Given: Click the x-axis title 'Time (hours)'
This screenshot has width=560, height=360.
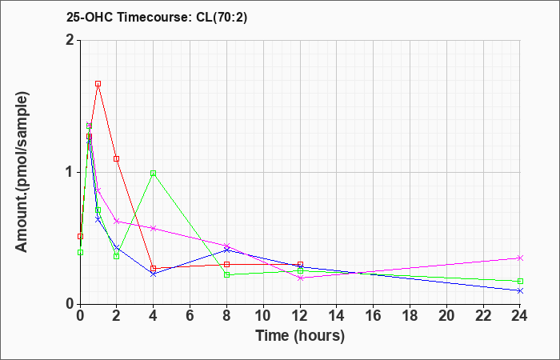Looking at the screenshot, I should [x=300, y=335].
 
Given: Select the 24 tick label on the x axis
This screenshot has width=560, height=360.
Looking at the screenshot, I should [x=520, y=316].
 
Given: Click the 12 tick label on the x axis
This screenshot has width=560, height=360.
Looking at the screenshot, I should [x=300, y=316].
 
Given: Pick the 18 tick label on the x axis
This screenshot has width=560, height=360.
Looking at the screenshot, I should [x=410, y=316].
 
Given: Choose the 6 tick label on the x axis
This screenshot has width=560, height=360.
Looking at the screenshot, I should [x=190, y=316].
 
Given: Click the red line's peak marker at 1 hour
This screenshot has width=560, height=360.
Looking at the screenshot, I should [x=98, y=83].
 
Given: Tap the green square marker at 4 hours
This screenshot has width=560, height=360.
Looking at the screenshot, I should [x=153, y=173].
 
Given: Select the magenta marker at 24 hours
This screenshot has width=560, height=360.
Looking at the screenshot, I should [x=520, y=258].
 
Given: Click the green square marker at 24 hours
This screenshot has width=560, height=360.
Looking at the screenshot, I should [x=520, y=281].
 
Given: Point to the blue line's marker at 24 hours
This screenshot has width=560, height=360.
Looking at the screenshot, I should [x=520, y=290].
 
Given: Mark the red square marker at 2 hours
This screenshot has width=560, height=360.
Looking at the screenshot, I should [x=116, y=158].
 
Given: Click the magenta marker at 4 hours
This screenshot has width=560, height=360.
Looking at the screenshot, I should [x=153, y=228].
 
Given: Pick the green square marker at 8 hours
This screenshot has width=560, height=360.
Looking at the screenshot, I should [x=226, y=274].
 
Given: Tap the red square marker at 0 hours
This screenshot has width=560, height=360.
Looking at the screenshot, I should [x=80, y=236].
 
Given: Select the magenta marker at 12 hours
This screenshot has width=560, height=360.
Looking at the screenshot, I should [x=300, y=278].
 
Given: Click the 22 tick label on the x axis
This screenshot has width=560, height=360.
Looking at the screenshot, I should [x=483, y=316].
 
